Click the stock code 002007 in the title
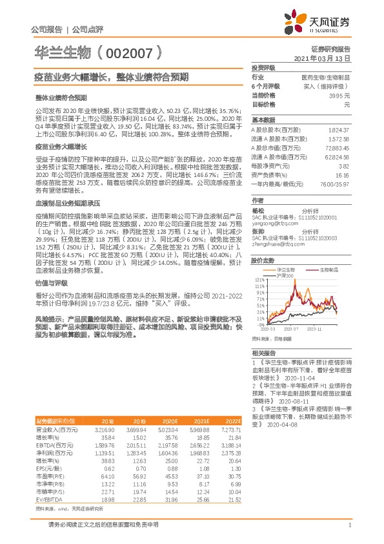click(129, 51)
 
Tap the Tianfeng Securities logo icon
click(298, 21)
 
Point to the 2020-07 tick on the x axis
click(289, 328)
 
